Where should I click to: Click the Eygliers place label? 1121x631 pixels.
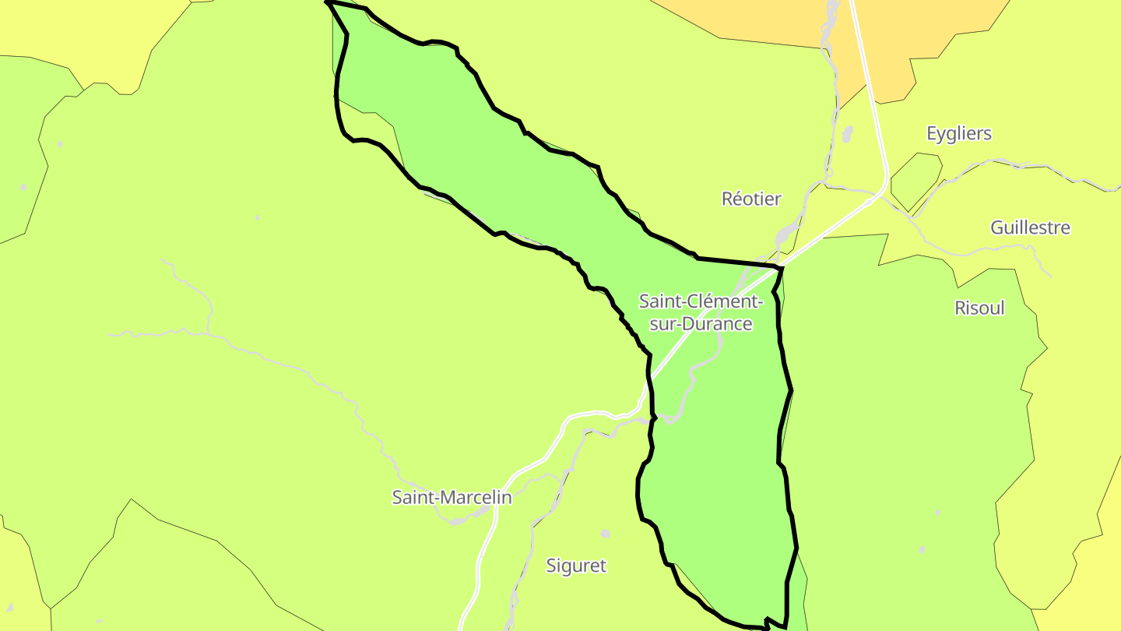pos(958,133)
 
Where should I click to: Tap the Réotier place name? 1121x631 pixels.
pos(750,199)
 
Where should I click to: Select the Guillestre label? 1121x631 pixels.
pos(1029,227)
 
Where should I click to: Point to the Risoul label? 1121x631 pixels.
pos(979,308)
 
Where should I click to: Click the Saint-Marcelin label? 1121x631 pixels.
pos(452,497)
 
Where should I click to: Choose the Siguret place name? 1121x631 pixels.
pos(575,566)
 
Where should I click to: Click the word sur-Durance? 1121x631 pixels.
pos(701,324)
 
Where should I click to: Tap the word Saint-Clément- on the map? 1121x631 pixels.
pos(701,301)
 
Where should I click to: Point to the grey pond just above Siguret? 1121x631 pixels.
pos(606,534)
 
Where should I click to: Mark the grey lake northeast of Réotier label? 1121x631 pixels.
pos(847,134)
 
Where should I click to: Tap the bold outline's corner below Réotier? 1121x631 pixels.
pos(779,267)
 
